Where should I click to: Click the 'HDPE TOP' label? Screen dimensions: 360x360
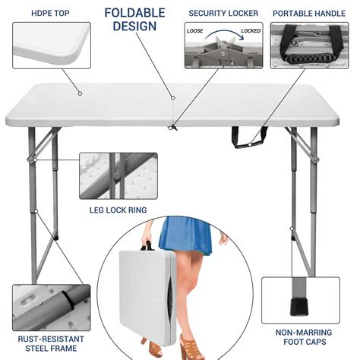pos(51,12)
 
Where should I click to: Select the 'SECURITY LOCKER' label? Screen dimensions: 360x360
pos(223,13)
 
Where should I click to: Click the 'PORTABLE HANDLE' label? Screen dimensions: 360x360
pos(308,13)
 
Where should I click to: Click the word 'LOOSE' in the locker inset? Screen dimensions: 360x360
pos(196,32)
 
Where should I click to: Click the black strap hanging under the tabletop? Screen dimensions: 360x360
pos(250,139)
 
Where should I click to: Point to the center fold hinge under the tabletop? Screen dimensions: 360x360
pos(175,128)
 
